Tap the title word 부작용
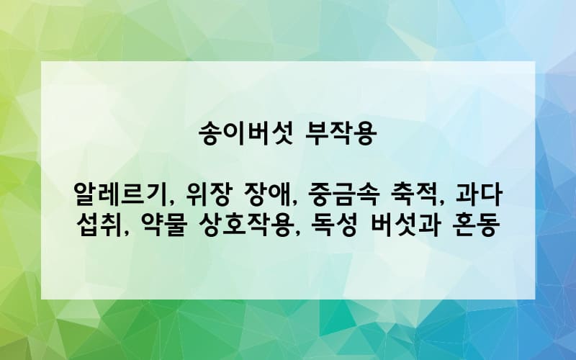[341, 135]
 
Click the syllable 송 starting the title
[210, 135]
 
